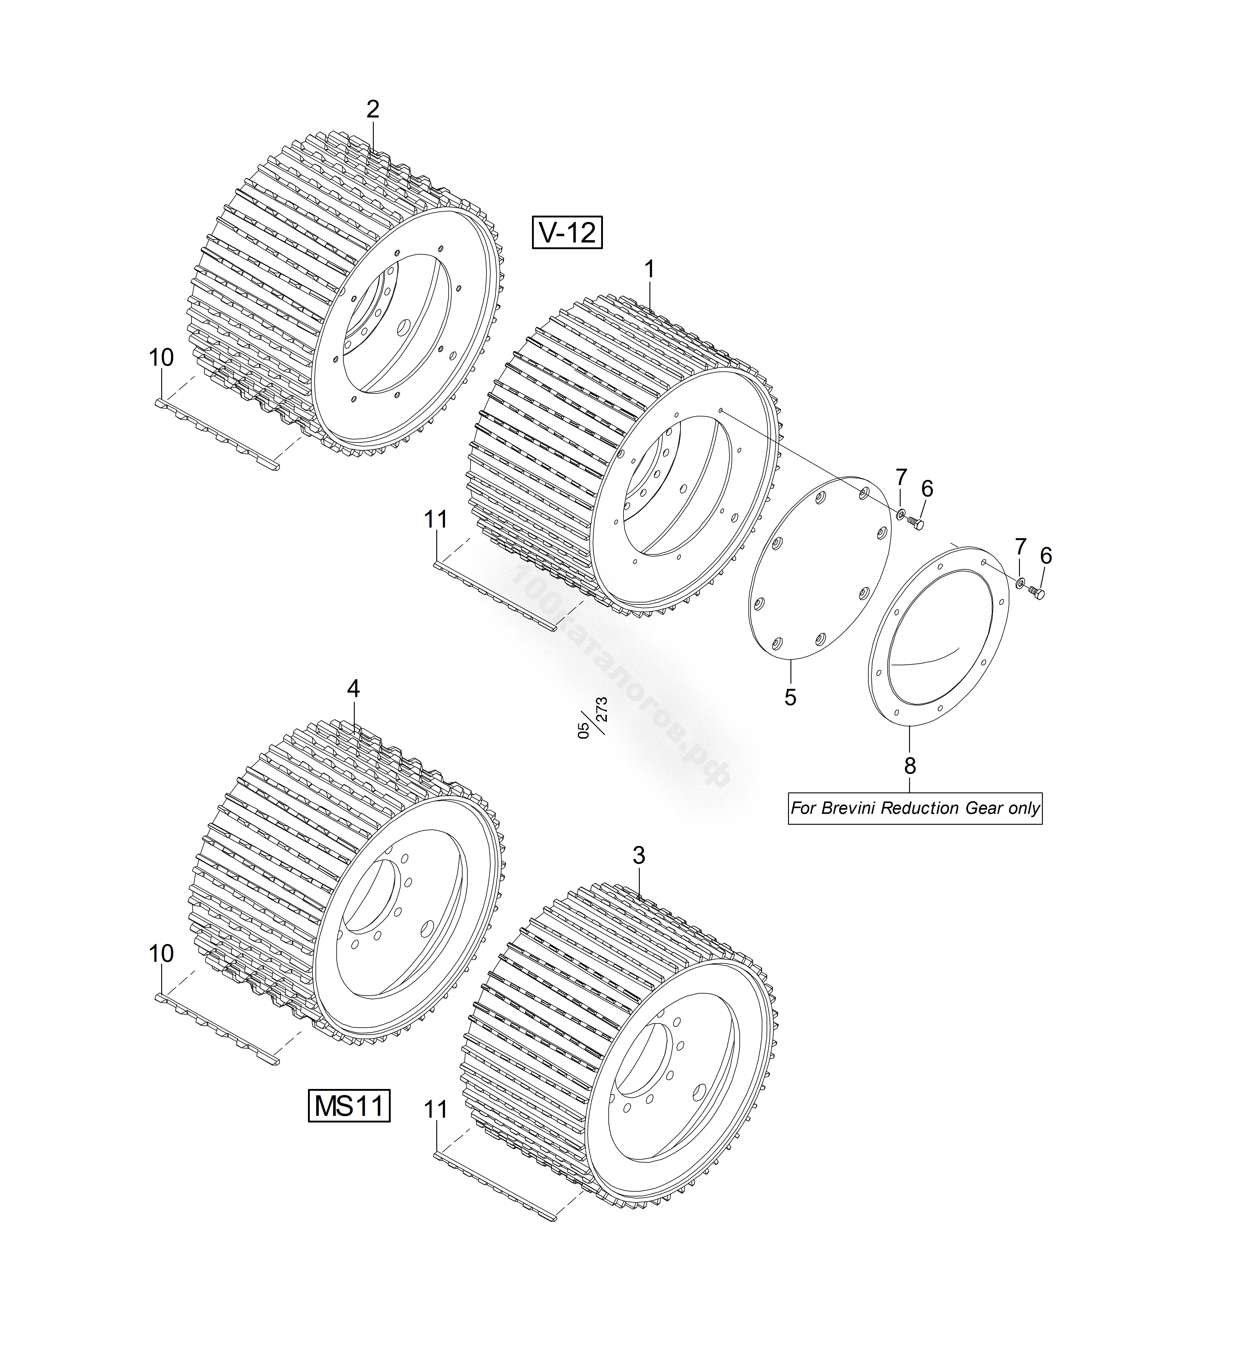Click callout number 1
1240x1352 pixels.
[x=649, y=270]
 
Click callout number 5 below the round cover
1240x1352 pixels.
[x=790, y=697]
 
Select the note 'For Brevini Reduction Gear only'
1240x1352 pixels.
[x=915, y=808]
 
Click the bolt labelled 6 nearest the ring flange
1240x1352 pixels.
[x=1037, y=593]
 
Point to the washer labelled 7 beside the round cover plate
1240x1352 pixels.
[x=899, y=514]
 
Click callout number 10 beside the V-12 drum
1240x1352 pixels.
[x=161, y=358]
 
